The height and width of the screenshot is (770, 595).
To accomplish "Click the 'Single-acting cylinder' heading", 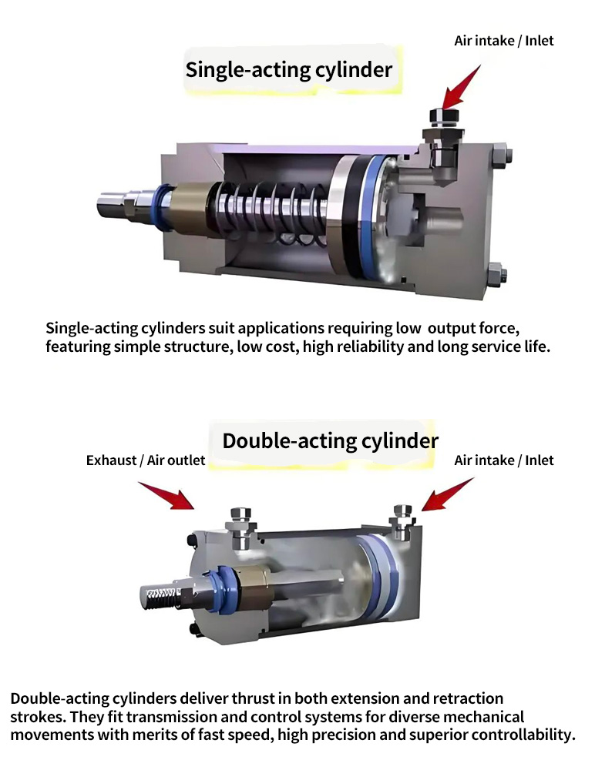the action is coord(289,70).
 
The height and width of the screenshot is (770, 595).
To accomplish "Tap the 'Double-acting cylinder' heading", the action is coord(330,441).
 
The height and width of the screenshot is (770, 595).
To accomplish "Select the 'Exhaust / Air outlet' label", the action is coord(146,460).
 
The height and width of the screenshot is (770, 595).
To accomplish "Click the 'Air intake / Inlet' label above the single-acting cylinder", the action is coord(503,41).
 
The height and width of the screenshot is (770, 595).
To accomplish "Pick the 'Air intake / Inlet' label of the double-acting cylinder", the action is coord(503,460).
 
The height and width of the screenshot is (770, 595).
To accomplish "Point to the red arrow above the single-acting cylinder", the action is coord(460,88).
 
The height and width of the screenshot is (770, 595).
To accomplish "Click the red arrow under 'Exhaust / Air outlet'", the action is coord(166,495).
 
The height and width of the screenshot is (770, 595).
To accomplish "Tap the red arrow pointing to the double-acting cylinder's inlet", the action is coord(447,494).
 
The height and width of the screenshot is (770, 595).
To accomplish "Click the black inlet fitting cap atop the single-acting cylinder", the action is coord(444,116).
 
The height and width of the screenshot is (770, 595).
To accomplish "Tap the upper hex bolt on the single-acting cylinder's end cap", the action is coord(499,156).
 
